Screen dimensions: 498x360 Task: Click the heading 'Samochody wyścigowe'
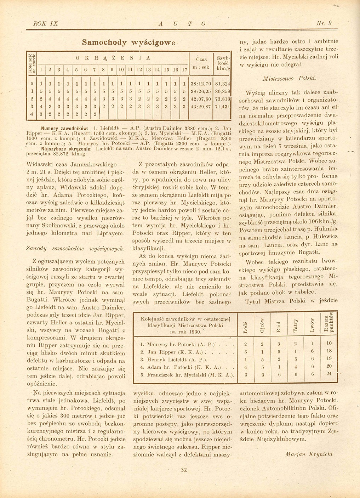click(x=128, y=43)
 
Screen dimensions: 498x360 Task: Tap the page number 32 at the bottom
click(x=184, y=470)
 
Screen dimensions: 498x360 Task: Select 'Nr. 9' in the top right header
click(x=324, y=23)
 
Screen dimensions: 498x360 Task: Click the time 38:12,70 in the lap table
click(x=201, y=84)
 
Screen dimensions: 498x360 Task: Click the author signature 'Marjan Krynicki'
click(x=309, y=454)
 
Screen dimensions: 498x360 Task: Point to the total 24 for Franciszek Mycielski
click(x=329, y=373)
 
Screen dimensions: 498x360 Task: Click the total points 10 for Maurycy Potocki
click(x=329, y=343)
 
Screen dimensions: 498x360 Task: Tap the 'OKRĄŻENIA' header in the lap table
click(x=113, y=58)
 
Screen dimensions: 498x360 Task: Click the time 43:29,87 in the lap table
click(x=201, y=106)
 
